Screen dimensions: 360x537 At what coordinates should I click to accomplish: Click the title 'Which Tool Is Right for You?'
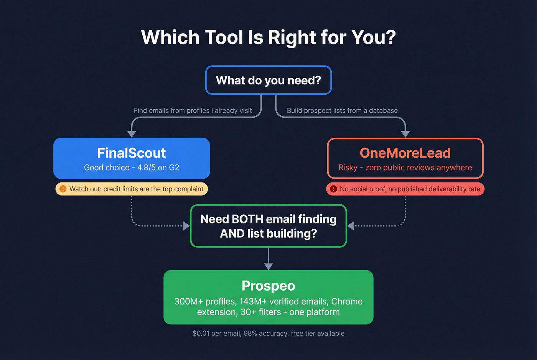(x=268, y=38)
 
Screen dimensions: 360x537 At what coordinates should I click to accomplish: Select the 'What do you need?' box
(x=268, y=80)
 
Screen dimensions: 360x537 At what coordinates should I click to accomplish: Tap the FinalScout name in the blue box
(x=131, y=153)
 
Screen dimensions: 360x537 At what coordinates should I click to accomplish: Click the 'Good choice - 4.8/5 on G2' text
(x=131, y=168)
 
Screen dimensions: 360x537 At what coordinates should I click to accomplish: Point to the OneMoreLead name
(x=405, y=153)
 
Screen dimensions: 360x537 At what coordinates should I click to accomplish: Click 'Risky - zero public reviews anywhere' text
(x=405, y=168)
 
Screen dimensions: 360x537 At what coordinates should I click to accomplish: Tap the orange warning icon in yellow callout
(x=63, y=189)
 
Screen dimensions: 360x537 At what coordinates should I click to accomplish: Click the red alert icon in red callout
(x=333, y=189)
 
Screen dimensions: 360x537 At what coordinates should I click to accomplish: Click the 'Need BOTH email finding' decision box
(x=268, y=226)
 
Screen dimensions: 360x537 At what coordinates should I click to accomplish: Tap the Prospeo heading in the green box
(x=268, y=286)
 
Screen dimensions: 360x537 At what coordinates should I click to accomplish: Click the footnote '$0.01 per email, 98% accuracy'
(x=268, y=334)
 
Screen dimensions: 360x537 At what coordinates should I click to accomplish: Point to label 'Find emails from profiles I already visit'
(x=193, y=110)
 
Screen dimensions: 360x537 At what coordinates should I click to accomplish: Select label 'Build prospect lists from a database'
(x=342, y=110)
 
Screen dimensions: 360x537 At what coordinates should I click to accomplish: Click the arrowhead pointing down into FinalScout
(x=132, y=134)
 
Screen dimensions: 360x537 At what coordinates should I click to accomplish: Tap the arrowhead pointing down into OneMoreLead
(x=405, y=134)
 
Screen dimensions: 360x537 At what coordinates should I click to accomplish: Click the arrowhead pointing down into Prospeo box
(x=268, y=266)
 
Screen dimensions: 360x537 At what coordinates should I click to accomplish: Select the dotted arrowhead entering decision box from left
(x=186, y=226)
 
